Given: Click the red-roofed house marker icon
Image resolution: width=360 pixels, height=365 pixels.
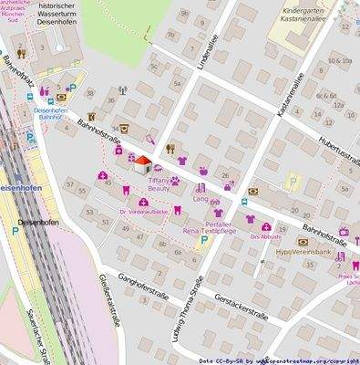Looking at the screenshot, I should click(x=142, y=164).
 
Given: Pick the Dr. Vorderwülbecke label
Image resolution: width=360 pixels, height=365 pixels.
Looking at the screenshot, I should click(x=144, y=212).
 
